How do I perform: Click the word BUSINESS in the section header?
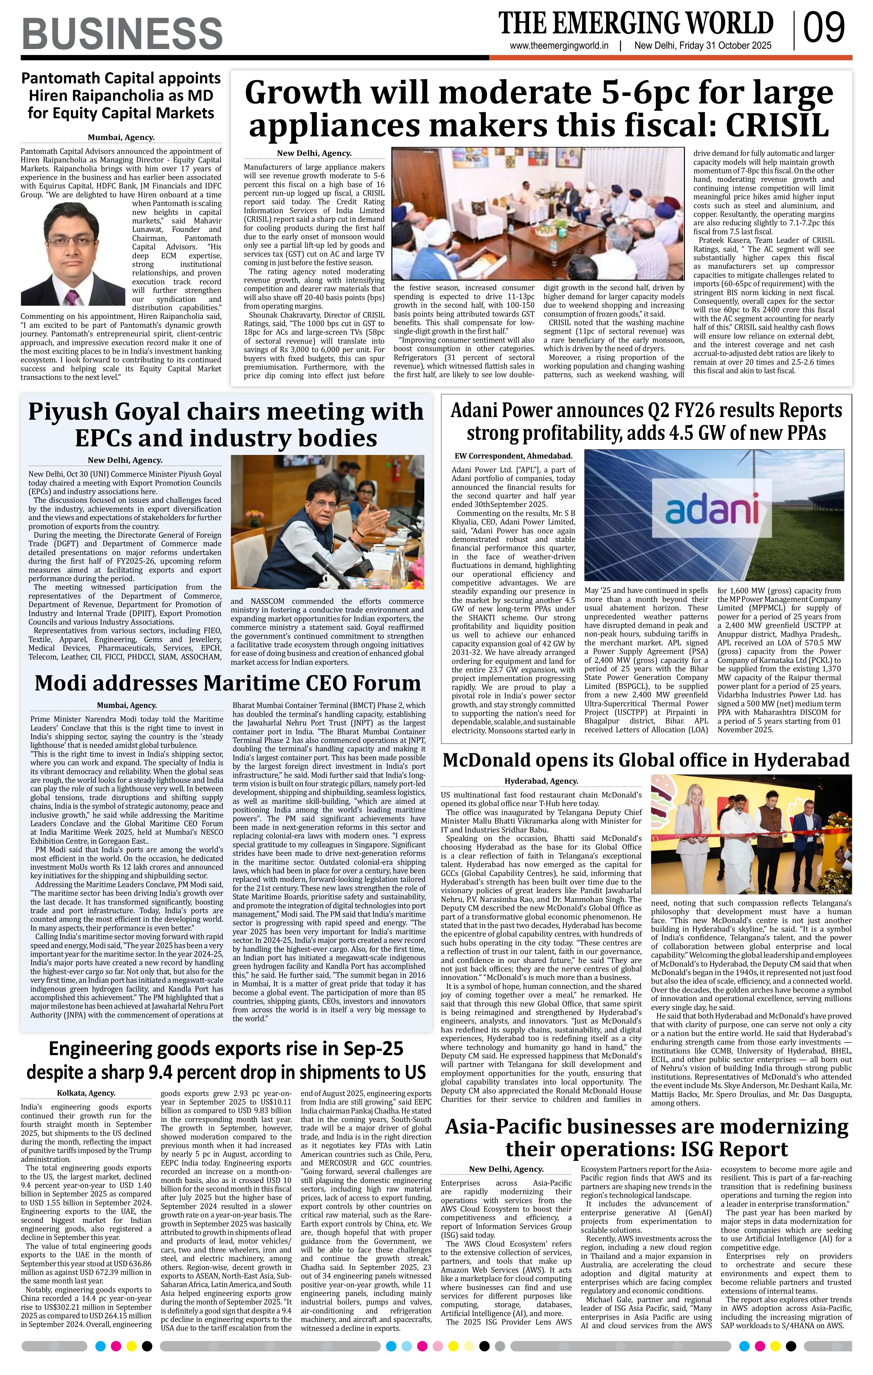point(122,33)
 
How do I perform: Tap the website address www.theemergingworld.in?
point(559,46)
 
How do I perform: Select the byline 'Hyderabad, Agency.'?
point(541,781)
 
